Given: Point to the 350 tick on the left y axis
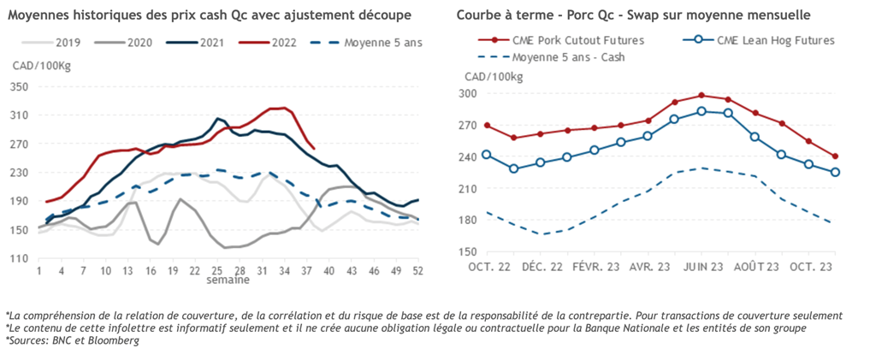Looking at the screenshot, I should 20,87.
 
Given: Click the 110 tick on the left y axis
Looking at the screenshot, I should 20,258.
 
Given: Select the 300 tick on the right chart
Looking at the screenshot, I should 469,94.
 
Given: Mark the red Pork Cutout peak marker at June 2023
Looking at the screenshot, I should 701,95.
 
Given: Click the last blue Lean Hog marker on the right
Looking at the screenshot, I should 835,172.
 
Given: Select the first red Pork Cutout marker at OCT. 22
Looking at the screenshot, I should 487,125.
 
